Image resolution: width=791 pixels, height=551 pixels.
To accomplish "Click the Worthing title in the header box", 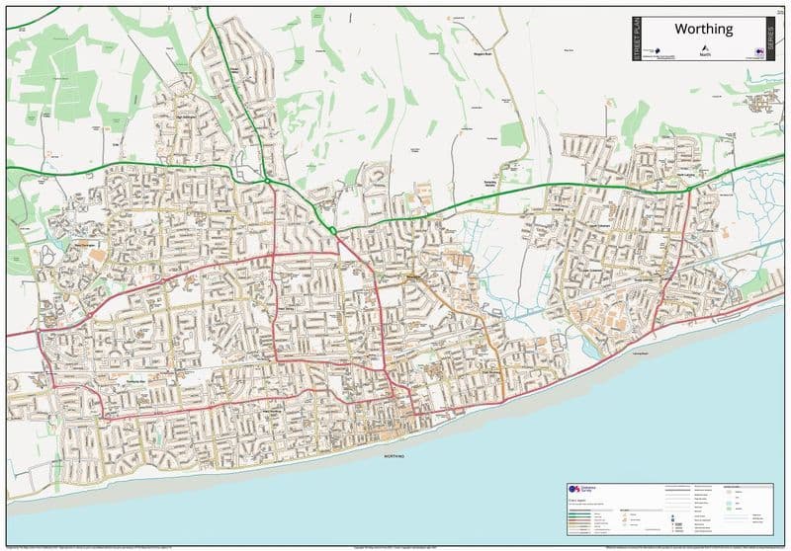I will pyautogui.click(x=703, y=29).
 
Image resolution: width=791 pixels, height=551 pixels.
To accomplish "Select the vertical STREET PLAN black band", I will pyautogui.click(x=637, y=40).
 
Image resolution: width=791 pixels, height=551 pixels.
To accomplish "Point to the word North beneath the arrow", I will pyautogui.click(x=705, y=55).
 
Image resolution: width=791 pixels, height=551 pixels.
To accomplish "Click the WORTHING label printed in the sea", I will pyautogui.click(x=395, y=456).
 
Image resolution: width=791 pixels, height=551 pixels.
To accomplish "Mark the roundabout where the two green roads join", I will pyautogui.click(x=266, y=180).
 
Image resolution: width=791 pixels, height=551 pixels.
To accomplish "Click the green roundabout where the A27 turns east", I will pyautogui.click(x=333, y=231).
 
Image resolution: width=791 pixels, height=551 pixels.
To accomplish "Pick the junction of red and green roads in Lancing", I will pyautogui.click(x=689, y=188).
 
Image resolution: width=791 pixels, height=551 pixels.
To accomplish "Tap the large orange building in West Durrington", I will pyautogui.click(x=96, y=256).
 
